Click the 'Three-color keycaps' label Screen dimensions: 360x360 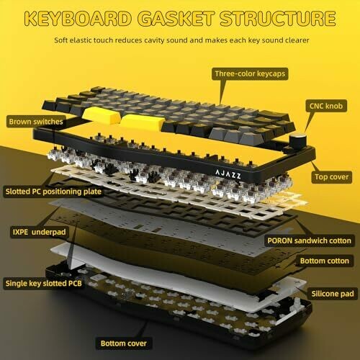coord(250,73)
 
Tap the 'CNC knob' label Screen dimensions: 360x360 coord(326,106)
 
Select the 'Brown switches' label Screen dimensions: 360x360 coord(36,122)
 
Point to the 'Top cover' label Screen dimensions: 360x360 coord(331,177)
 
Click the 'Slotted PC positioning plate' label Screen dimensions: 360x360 coord(53,192)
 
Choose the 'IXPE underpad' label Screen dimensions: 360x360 coord(39,232)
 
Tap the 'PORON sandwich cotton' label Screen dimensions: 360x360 coord(309,240)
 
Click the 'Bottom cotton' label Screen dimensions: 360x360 coord(325,261)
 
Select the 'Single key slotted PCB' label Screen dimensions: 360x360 coord(44,284)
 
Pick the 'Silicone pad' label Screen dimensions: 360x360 coord(333,294)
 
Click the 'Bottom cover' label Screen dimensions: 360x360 coord(124,343)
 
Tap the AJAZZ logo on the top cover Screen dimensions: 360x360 coord(228,174)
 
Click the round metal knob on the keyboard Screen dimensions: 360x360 coord(297,141)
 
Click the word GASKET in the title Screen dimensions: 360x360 coord(176,19)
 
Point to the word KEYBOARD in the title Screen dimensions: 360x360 coord(78,19)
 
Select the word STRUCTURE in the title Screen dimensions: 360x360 coord(278,19)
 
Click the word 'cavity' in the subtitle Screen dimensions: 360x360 coord(154,40)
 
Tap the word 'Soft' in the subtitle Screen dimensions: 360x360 coord(60,40)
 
